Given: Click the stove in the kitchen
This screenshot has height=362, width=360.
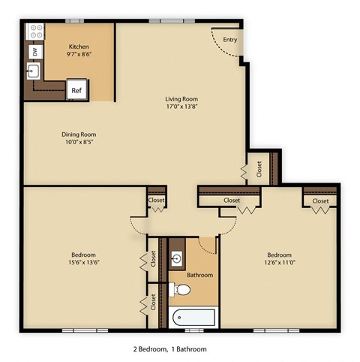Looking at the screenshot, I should tap(34, 32).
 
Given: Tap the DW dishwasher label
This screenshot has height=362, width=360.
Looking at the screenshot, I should tap(34, 51).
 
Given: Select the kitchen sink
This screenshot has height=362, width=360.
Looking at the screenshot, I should tap(34, 71).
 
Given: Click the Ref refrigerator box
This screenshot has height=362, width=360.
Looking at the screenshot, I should tap(76, 90).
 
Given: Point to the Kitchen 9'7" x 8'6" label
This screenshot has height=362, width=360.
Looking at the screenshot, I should tap(79, 50).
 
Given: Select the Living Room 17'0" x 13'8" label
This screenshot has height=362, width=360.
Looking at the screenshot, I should tap(187, 103).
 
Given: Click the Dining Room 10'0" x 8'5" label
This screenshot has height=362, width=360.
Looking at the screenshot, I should tap(79, 139).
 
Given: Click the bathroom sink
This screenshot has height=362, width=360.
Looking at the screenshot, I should tap(178, 260).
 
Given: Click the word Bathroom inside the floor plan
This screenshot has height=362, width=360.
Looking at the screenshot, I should tap(200, 275).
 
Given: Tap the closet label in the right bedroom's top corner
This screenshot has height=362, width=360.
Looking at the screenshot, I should tap(320, 201).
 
